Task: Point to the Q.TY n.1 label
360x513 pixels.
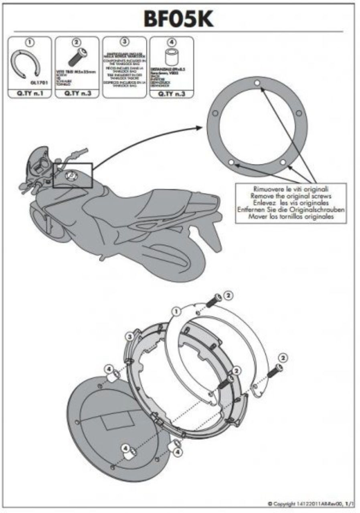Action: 29,94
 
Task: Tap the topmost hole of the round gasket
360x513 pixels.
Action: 257,83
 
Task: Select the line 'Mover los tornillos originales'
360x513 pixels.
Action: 291,216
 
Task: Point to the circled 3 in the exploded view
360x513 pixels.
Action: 129,337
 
